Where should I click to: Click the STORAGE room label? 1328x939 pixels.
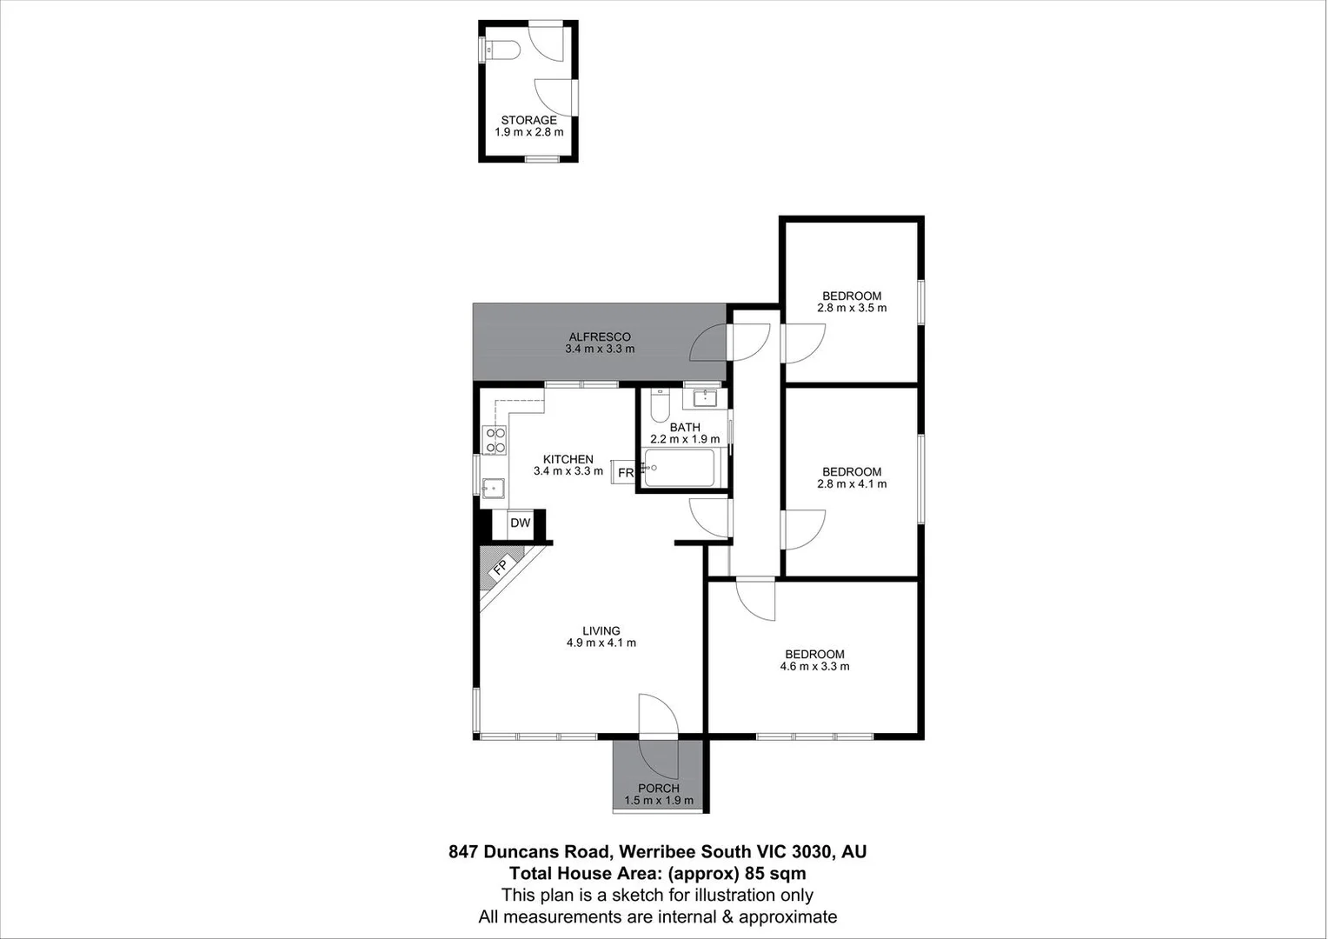(x=528, y=121)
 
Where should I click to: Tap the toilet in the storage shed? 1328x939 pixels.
(x=501, y=50)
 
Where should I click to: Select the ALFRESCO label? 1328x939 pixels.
(x=600, y=336)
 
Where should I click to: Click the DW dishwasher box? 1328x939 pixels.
(x=520, y=523)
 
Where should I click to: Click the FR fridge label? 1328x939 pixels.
(x=626, y=473)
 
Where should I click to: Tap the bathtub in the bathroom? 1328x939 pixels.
(x=681, y=469)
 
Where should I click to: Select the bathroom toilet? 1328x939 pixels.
(x=660, y=406)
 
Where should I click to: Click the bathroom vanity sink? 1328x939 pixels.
(x=704, y=400)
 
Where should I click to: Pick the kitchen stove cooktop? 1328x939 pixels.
(x=495, y=441)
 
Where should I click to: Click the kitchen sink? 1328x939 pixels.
(x=495, y=488)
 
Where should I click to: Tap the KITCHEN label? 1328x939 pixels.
(x=568, y=459)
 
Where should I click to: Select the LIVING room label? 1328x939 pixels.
(x=601, y=631)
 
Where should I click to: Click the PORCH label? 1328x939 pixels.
(x=659, y=789)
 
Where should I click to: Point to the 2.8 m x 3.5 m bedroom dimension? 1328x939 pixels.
(x=852, y=308)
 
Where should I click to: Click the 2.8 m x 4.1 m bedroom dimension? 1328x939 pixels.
(x=852, y=484)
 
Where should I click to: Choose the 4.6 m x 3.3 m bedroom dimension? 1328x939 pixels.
(x=814, y=667)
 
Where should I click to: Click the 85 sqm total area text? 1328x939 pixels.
(x=779, y=874)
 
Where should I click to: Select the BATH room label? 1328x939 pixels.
(x=685, y=427)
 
